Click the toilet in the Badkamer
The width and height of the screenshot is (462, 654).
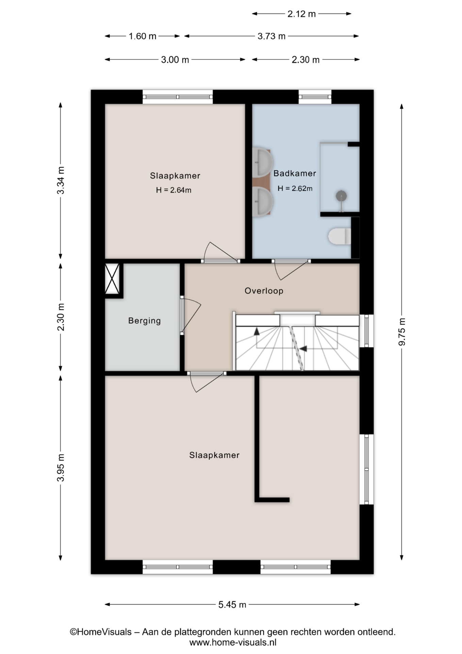340,236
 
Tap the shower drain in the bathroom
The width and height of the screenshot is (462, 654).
341,196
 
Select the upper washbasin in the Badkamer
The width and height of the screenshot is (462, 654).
263,162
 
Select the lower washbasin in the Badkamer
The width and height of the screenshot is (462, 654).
263,202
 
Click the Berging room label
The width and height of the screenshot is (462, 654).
144,321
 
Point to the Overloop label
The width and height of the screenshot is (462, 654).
264,291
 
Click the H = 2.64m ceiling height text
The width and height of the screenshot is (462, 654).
174,190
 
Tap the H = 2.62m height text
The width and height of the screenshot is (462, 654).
295,188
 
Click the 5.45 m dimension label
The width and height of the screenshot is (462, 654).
232,605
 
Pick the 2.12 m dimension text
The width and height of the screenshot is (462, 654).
301,14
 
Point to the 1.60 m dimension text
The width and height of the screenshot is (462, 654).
142,36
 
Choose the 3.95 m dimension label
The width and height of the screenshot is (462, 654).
61,468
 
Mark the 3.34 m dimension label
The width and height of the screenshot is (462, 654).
61,180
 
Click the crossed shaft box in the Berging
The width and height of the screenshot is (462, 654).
112,279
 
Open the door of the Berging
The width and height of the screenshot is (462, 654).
191,315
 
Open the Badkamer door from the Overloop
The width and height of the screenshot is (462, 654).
291,270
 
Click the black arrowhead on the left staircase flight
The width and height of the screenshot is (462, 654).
257,331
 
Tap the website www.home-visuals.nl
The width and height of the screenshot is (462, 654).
233,642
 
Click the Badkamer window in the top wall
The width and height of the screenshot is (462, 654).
315,97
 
